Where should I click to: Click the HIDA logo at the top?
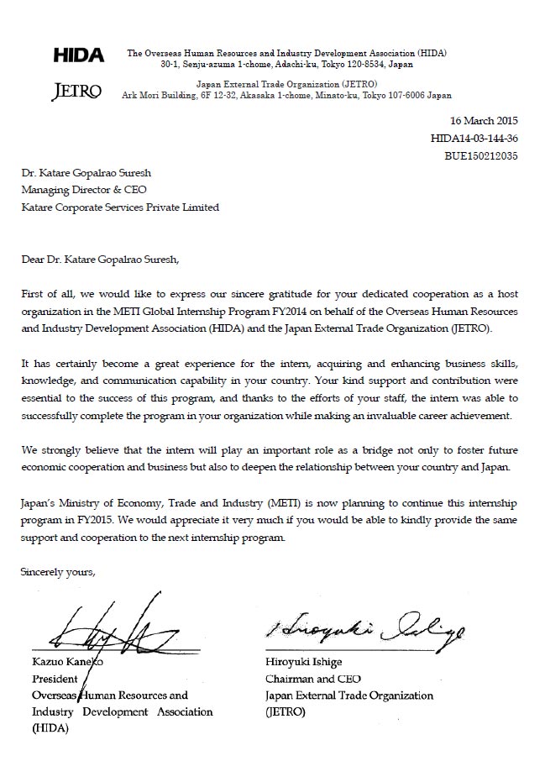click(x=79, y=56)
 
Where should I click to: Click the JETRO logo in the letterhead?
click(x=77, y=92)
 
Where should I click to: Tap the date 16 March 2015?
click(x=484, y=121)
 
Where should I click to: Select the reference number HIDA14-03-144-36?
click(x=474, y=139)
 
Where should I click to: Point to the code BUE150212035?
click(x=480, y=155)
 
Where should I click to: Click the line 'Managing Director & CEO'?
click(x=84, y=190)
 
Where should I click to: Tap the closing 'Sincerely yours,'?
click(x=59, y=572)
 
